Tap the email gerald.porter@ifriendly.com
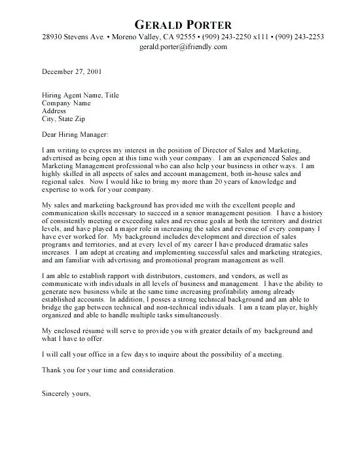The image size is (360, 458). coord(183,47)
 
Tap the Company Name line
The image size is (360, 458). coord(67,103)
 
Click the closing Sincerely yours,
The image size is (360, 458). coord(65,394)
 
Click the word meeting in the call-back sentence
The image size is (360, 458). coord(269,354)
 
